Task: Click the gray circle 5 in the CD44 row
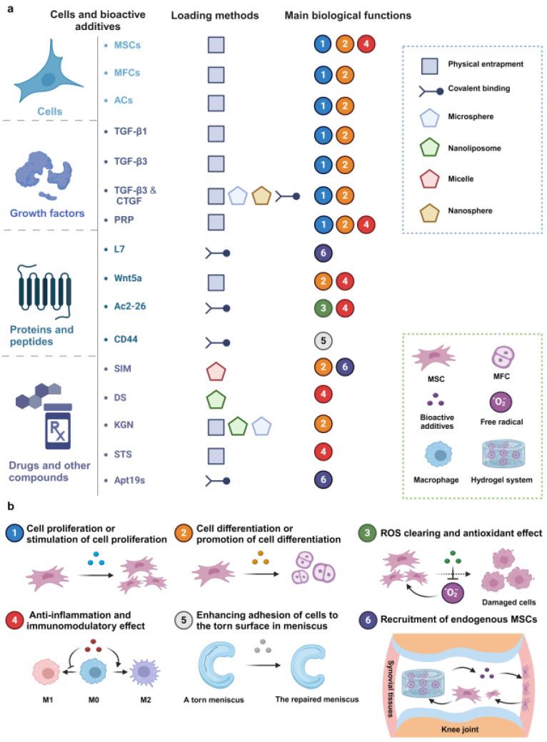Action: (x=323, y=341)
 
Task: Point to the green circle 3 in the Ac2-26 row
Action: (x=323, y=308)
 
